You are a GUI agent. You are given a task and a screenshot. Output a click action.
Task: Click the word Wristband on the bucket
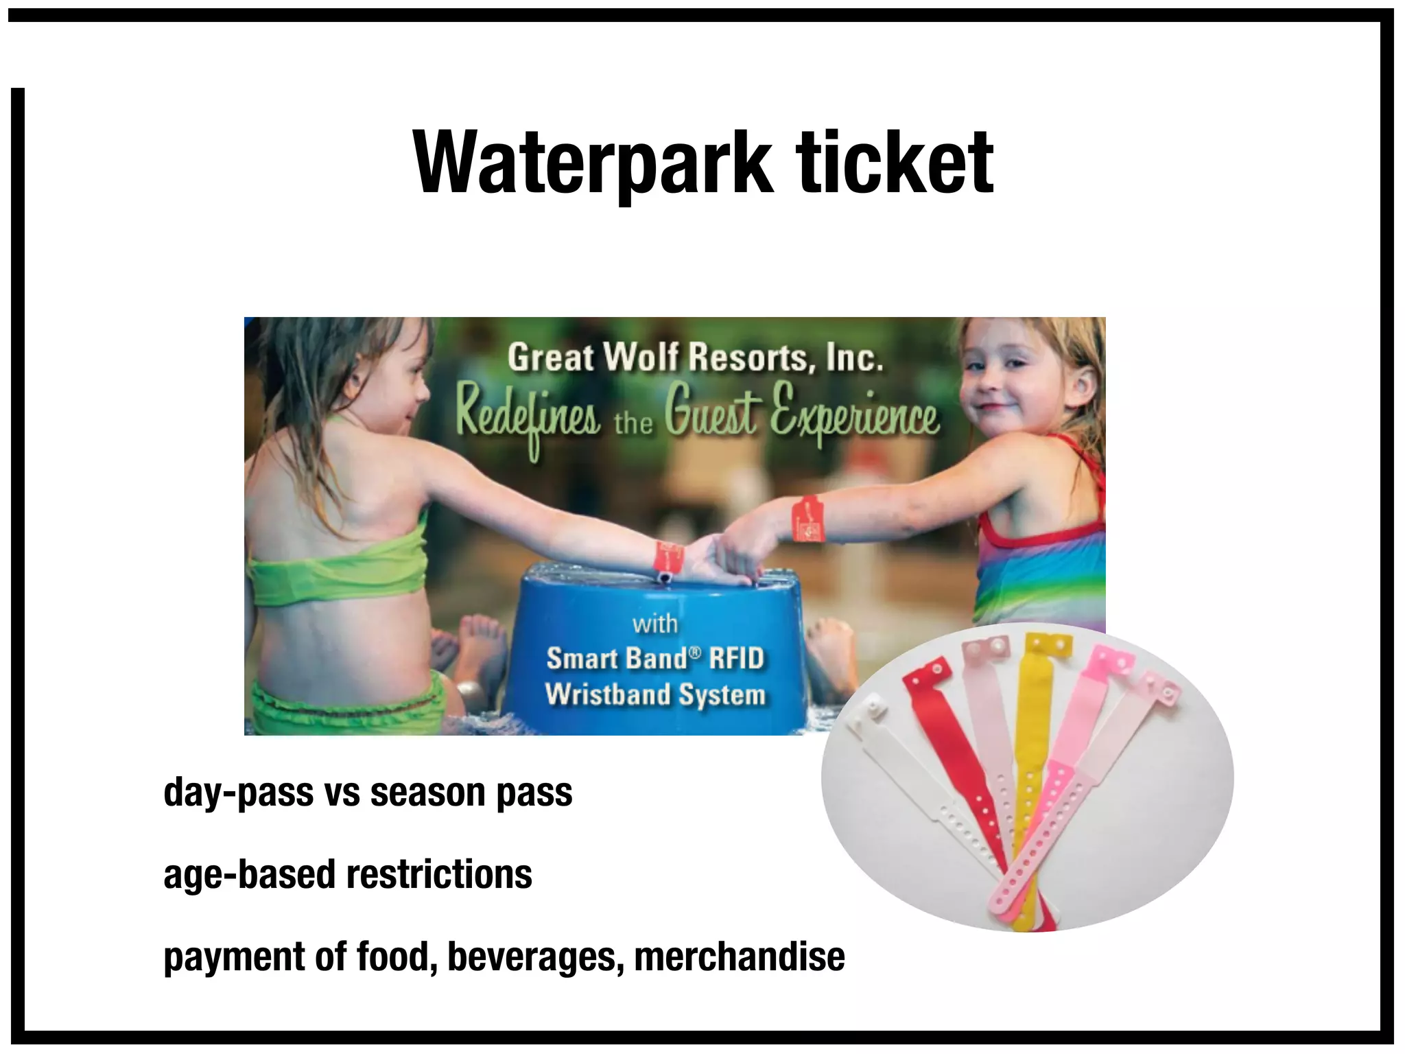click(x=606, y=694)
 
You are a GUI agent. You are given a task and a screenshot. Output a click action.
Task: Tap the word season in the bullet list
click(x=428, y=793)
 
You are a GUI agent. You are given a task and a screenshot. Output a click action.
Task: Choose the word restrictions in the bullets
click(x=439, y=874)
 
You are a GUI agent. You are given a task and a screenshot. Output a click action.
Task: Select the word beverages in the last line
click(x=535, y=957)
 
